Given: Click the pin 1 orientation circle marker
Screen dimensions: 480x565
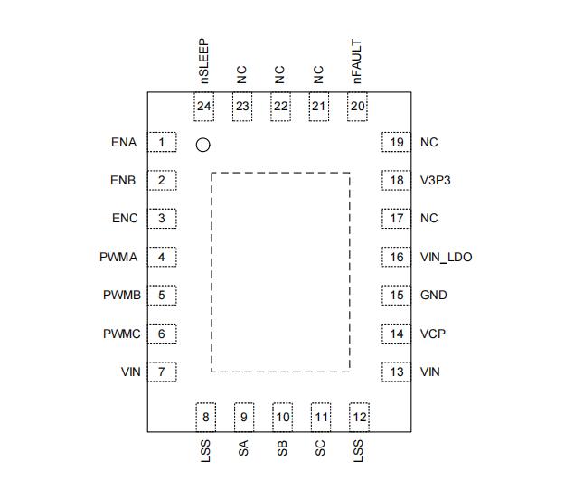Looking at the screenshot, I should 203,145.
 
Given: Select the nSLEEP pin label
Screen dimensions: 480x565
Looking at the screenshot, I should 203,61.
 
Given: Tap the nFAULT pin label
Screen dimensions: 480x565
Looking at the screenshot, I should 357,61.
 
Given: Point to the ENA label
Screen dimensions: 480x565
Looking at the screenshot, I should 124,143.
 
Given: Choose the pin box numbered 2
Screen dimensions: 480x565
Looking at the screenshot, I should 162,180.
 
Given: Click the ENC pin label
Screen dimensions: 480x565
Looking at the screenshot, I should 124,219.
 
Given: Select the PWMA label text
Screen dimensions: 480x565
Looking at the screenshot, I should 118,258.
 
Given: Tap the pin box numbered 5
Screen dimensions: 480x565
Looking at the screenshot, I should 162,295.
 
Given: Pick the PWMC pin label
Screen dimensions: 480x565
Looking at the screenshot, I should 121,334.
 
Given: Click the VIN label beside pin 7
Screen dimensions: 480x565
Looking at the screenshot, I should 130,372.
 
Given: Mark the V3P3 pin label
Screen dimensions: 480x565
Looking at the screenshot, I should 435,180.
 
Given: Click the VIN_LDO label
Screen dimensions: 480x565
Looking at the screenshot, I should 446,258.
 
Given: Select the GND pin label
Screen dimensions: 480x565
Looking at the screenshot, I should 433,296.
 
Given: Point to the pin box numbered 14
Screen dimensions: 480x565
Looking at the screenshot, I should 396,334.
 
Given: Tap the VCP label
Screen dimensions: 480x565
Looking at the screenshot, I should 433,334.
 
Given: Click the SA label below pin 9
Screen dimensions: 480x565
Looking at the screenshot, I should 243,447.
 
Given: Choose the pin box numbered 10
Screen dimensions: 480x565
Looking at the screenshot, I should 282,417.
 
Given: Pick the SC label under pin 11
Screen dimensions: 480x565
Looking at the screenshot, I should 320,447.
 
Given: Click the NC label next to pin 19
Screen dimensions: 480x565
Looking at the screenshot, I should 428,143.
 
